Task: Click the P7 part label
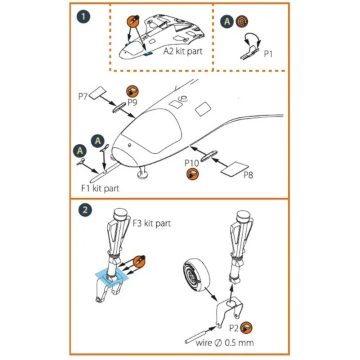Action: point(83,96)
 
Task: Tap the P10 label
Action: point(192,163)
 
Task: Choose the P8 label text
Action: point(247,175)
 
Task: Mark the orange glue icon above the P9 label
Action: point(132,91)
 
